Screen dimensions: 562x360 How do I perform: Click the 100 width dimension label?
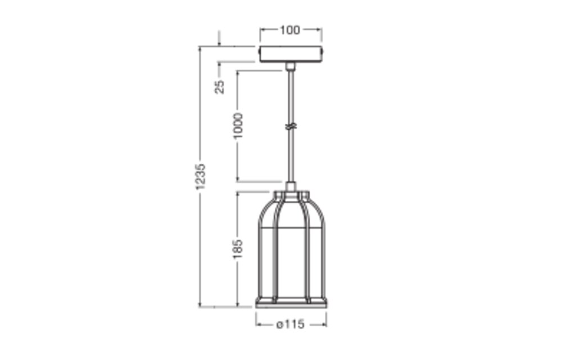click(289, 30)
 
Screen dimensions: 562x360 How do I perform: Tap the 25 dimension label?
click(220, 87)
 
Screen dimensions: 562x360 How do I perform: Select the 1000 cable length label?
click(238, 126)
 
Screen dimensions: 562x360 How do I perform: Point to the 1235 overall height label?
click(201, 177)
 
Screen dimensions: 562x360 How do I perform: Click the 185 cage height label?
click(238, 249)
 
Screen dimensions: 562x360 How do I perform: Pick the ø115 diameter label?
click(291, 325)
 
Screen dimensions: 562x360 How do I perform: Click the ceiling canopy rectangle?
click(291, 54)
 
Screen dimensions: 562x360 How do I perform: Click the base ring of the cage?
click(291, 303)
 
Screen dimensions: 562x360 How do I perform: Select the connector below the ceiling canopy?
click(291, 66)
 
